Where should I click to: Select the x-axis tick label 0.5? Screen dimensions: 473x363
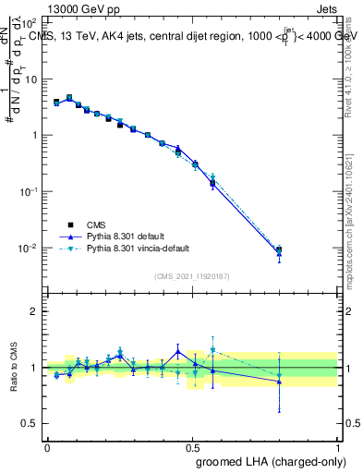click(193, 448)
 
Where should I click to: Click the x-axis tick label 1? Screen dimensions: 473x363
click(339, 448)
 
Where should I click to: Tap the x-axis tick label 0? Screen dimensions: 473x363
click(47, 448)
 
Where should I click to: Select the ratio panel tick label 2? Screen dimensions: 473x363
click(35, 311)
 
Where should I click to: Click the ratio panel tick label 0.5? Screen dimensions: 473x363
click(30, 423)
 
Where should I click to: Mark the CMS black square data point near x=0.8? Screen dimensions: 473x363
click(279, 249)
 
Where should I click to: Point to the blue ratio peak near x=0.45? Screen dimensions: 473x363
click(178, 350)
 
